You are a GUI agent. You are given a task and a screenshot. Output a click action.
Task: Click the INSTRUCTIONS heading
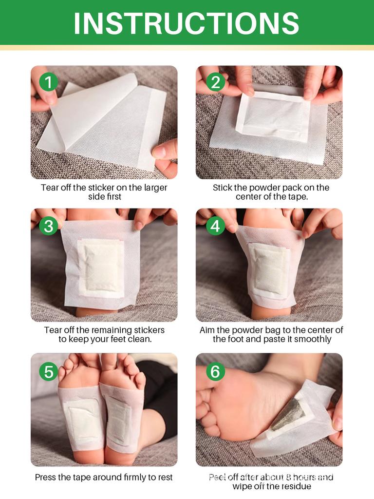[187, 22]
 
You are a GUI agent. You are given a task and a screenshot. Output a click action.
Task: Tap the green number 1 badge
[49, 82]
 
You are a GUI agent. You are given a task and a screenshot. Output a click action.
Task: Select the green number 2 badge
[215, 82]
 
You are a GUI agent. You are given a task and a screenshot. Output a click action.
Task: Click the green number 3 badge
[49, 226]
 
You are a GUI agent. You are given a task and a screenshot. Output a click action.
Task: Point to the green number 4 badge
[215, 226]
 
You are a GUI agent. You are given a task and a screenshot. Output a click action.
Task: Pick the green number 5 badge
[49, 371]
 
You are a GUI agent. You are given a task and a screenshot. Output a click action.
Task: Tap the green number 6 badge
[215, 371]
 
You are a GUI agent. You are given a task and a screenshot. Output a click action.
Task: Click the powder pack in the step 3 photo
[101, 266]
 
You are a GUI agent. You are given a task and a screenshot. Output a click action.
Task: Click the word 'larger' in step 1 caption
[153, 188]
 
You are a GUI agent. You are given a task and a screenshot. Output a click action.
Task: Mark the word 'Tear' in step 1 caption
[49, 188]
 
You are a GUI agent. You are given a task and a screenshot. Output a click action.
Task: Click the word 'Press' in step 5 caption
[45, 478]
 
